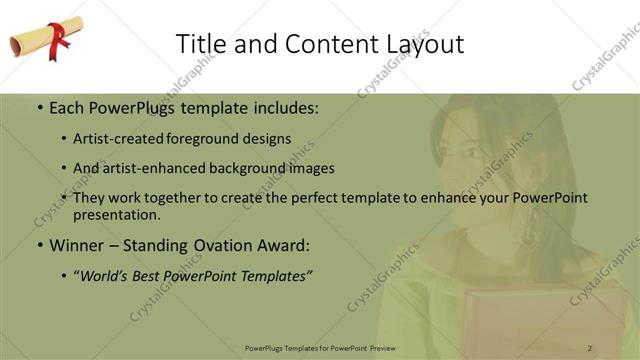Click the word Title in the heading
point(199,44)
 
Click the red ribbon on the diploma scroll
point(59,37)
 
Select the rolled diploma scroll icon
point(41,40)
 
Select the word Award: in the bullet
point(283,244)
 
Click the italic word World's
point(108,275)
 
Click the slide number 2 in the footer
point(590,347)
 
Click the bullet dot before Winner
point(39,245)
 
